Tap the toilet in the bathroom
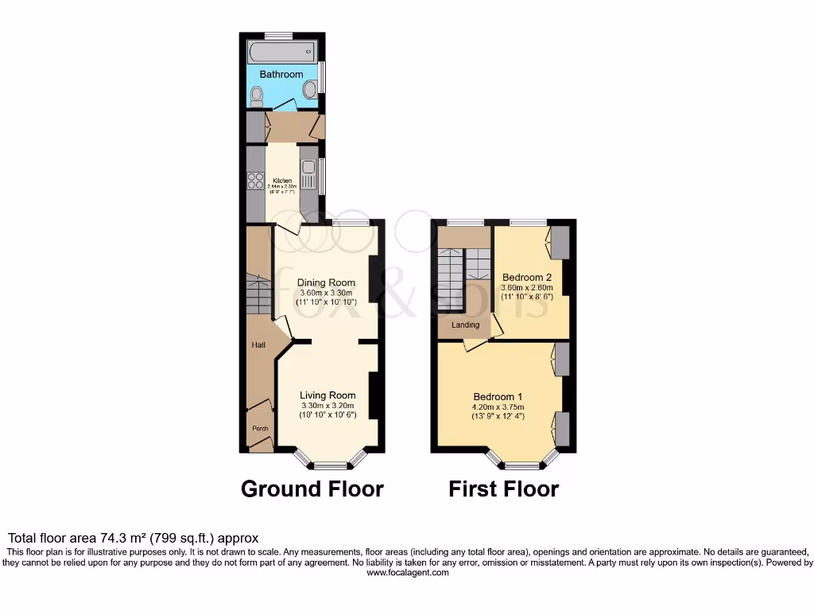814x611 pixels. [256, 97]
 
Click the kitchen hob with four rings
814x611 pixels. [255, 181]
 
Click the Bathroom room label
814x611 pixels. [281, 74]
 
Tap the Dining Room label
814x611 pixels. [326, 282]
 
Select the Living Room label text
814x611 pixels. [328, 395]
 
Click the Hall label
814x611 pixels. [259, 345]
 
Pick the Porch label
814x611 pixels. [260, 429]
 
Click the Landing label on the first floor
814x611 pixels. [465, 325]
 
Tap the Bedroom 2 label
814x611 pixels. [526, 277]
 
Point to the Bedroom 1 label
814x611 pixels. [498, 397]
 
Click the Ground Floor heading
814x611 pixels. [312, 488]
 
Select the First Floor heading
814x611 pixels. [503, 488]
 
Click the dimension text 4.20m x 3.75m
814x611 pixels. [498, 408]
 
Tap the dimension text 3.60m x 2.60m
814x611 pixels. [526, 288]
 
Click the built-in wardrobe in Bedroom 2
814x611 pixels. [561, 242]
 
